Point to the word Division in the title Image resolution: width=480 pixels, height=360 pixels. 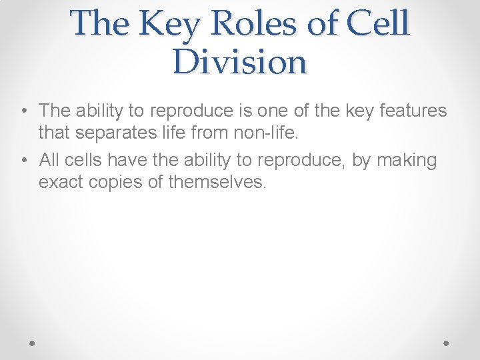pyautogui.click(x=240, y=63)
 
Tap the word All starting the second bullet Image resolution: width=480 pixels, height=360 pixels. pyautogui.click(x=50, y=160)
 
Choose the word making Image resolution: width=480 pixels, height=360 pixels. pyautogui.click(x=407, y=161)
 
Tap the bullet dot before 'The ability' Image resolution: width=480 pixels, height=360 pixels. pyautogui.click(x=23, y=111)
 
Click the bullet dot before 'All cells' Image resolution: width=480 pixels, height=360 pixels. pyautogui.click(x=23, y=161)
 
